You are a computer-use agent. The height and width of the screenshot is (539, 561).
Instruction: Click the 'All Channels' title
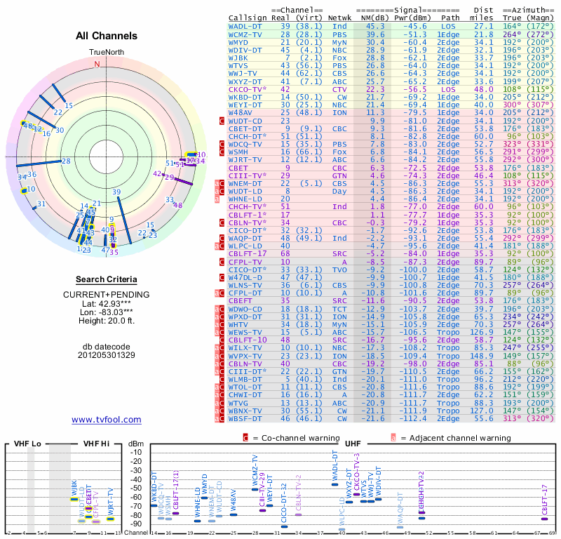point(97,36)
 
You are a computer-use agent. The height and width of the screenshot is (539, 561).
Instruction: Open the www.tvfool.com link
point(107,420)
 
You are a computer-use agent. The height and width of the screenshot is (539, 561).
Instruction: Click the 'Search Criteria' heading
point(107,279)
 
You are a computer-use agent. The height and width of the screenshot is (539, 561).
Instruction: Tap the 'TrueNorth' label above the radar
point(106,53)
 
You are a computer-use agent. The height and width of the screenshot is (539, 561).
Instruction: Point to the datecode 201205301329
point(107,355)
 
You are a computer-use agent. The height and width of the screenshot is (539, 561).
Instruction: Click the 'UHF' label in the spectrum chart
point(353,444)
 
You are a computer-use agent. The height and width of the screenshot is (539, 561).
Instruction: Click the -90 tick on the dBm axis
point(136,524)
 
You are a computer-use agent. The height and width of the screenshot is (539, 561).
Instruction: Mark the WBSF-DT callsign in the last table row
point(246,418)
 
